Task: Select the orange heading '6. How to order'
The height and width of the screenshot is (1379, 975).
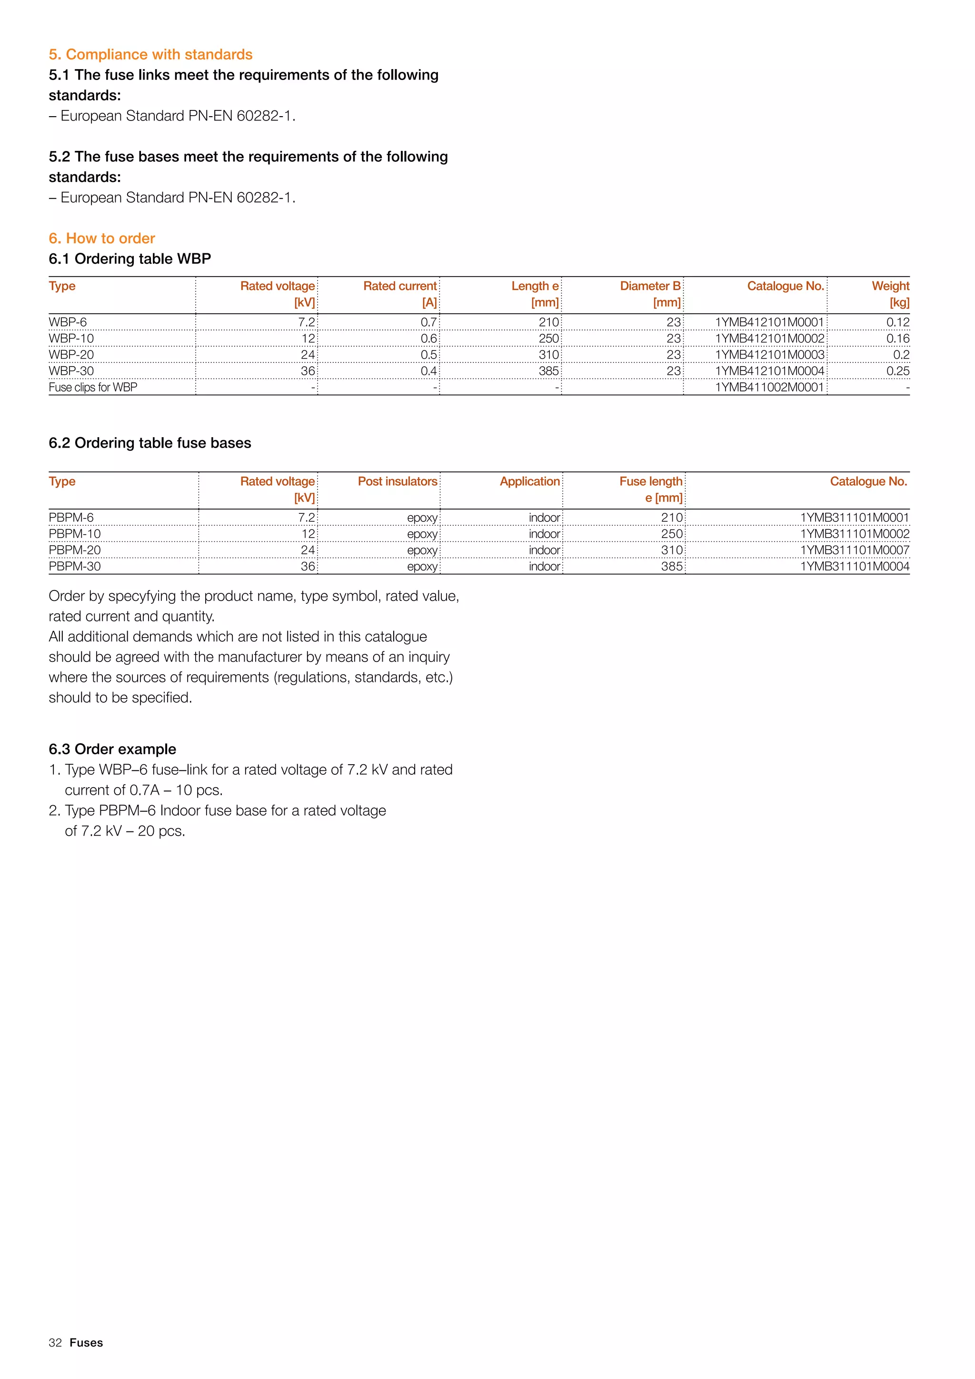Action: click(101, 239)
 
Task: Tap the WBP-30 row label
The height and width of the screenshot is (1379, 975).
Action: click(71, 371)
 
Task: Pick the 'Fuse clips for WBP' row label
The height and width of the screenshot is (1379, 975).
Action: click(92, 388)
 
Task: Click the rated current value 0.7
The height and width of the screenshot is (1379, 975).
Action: click(428, 322)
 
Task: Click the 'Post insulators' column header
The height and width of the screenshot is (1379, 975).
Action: click(398, 482)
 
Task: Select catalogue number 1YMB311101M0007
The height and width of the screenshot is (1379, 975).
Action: click(855, 550)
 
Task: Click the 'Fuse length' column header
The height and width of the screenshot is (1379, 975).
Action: click(651, 482)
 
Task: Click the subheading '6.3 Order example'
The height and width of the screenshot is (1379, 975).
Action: click(112, 749)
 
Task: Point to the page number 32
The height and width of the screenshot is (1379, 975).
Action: click(55, 1343)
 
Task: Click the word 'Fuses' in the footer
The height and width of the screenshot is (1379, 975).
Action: click(87, 1343)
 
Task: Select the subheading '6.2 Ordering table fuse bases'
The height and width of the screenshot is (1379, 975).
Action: click(149, 443)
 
